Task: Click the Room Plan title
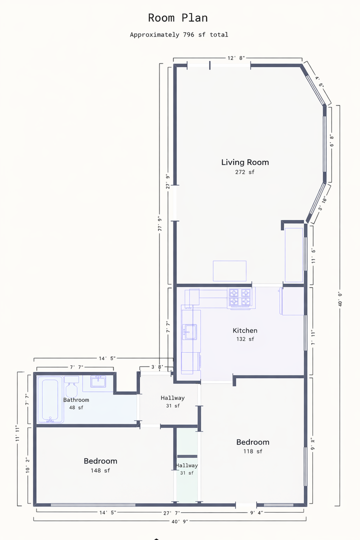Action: click(178, 17)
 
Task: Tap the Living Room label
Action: click(245, 162)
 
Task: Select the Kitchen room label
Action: click(245, 330)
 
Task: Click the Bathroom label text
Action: click(76, 400)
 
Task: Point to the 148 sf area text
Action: click(100, 470)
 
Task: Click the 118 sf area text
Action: click(253, 451)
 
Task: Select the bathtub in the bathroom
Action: click(50, 399)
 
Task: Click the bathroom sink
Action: click(98, 381)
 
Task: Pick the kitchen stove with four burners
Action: click(240, 297)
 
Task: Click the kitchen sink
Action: click(190, 332)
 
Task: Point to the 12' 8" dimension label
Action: click(236, 58)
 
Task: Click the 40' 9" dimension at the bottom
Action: click(180, 521)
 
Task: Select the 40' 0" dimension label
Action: click(340, 299)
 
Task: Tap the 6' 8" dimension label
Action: click(332, 140)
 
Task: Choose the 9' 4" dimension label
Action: click(256, 513)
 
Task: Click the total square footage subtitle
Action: click(179, 35)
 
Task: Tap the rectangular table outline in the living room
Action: click(230, 271)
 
